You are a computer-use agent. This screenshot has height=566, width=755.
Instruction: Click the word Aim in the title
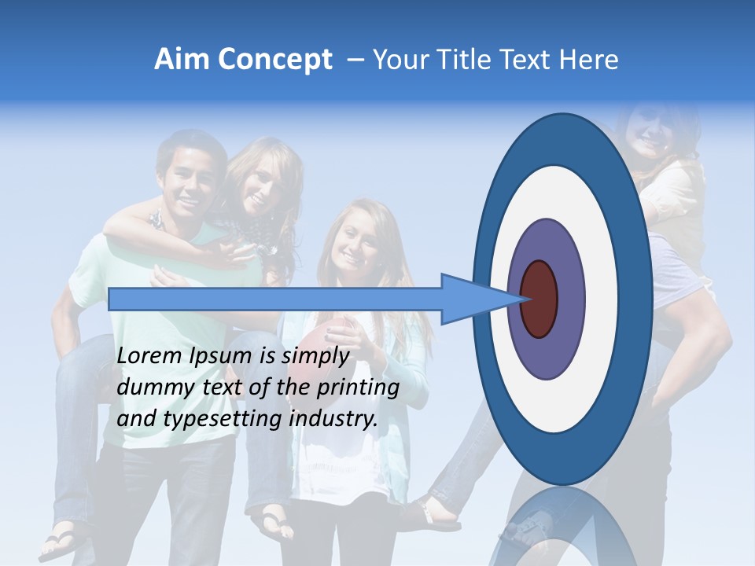pyautogui.click(x=182, y=60)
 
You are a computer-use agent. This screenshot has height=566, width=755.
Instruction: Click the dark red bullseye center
pyautogui.click(x=539, y=299)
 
